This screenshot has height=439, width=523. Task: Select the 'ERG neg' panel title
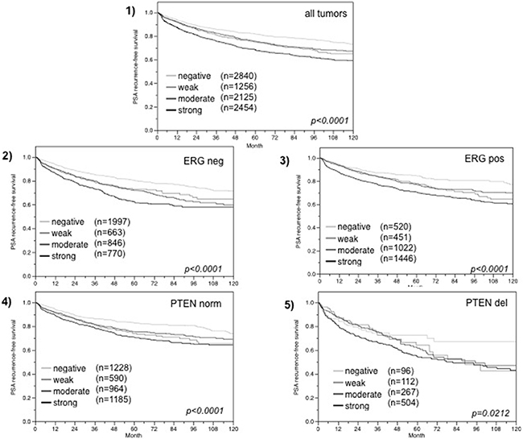tap(204, 163)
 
